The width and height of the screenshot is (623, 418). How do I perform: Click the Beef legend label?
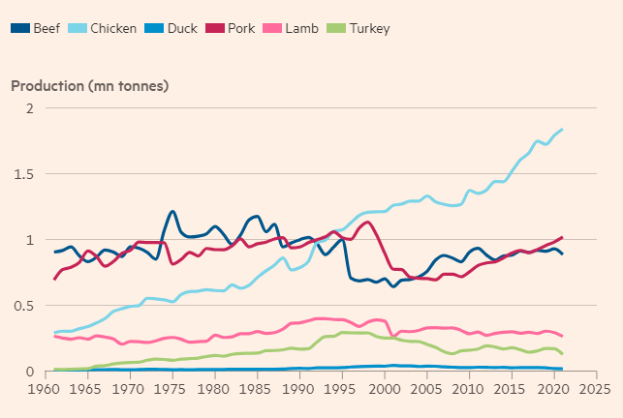tap(47, 29)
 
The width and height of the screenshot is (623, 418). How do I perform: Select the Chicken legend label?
tap(112, 29)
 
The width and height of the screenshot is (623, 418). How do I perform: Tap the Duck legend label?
tap(181, 29)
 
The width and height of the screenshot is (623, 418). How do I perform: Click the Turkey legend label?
tap(372, 29)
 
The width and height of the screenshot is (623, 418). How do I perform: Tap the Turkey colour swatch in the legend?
tap(340, 29)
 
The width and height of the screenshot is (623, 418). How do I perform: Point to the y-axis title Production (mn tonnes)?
tap(90, 86)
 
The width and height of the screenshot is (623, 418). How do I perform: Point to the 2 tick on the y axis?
tap(29, 108)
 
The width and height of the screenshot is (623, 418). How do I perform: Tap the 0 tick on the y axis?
tap(29, 372)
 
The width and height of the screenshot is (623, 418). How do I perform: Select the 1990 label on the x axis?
tap(296, 390)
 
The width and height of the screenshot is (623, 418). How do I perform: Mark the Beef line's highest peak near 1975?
tap(172, 211)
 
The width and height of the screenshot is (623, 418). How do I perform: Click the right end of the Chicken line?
tap(562, 130)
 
